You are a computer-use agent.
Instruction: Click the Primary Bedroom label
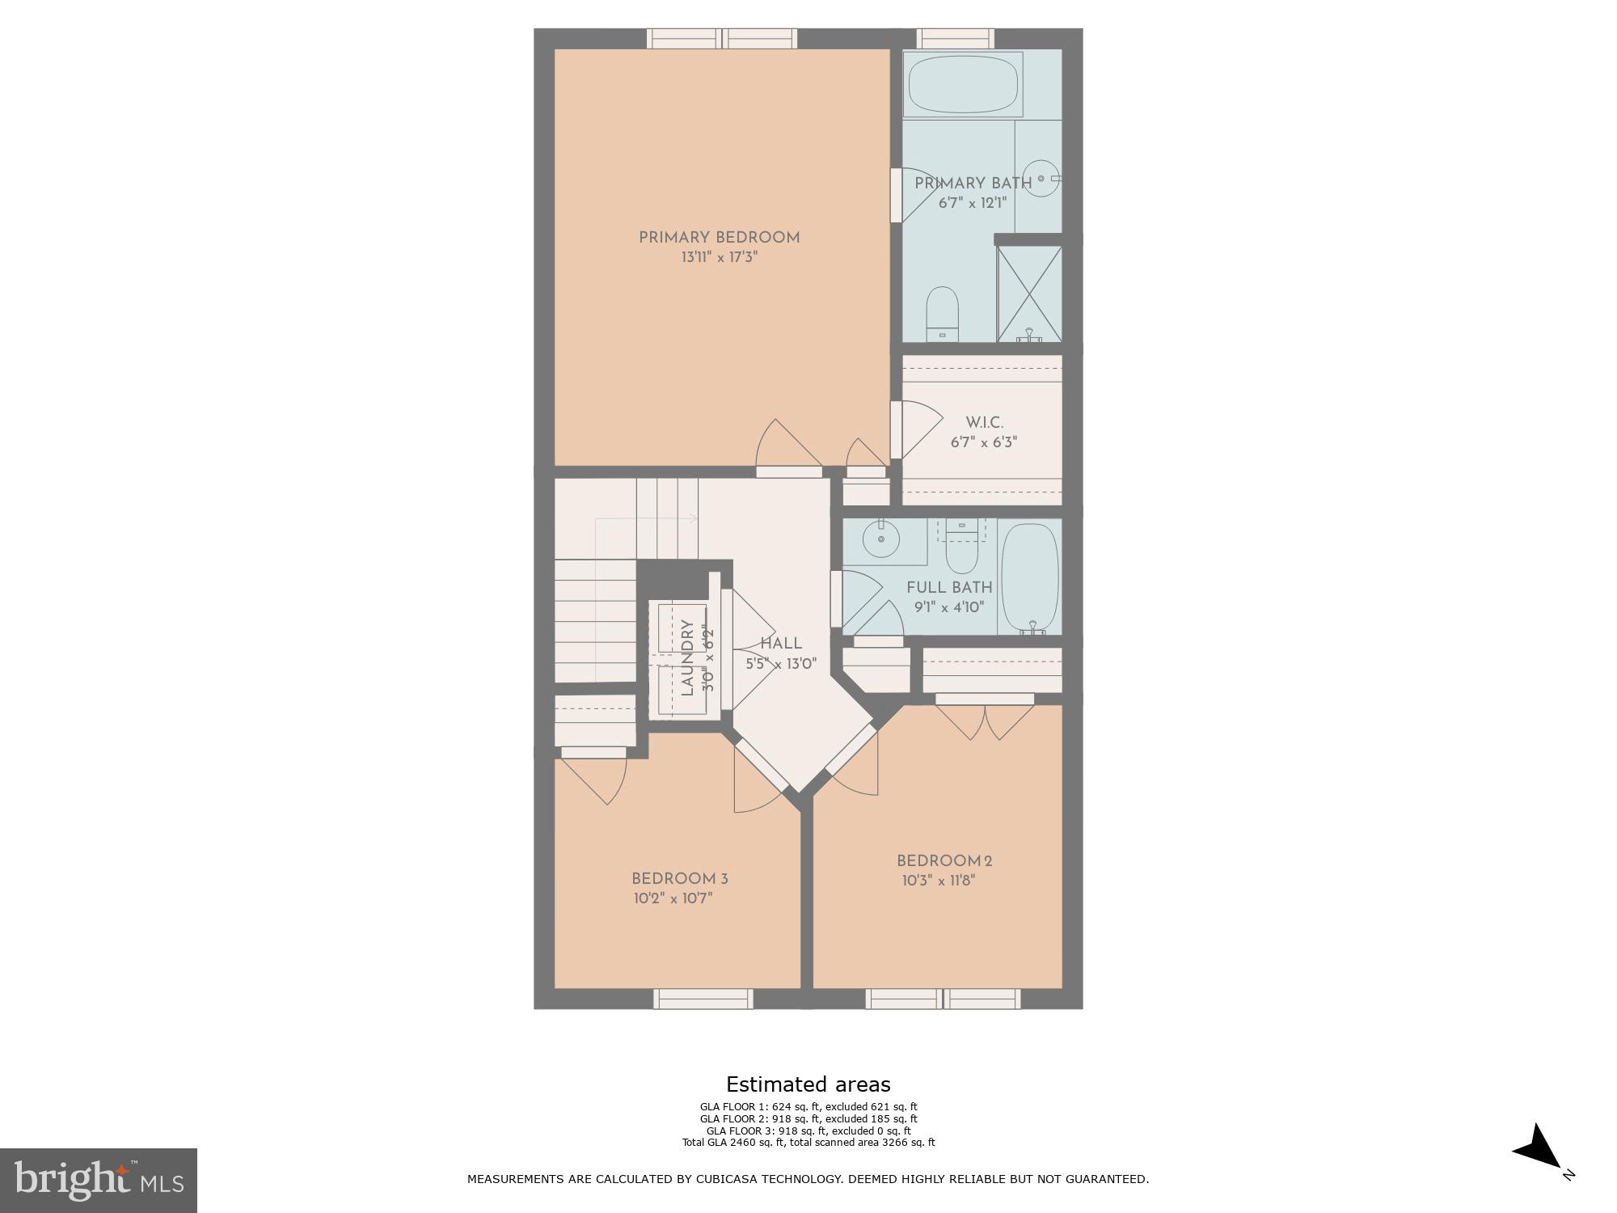tap(719, 238)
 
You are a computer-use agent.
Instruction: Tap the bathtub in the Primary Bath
tap(962, 84)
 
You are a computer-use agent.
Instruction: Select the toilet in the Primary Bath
tap(941, 314)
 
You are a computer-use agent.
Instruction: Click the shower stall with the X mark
tap(1028, 293)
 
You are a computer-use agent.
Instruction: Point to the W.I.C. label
tap(984, 423)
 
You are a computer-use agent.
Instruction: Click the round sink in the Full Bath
tap(881, 539)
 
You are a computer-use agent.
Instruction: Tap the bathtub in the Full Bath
tap(1029, 578)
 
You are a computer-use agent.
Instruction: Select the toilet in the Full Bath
tap(961, 547)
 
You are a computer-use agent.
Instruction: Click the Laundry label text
tap(687, 657)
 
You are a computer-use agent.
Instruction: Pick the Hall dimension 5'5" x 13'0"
tap(781, 664)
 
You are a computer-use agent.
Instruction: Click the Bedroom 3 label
tap(679, 879)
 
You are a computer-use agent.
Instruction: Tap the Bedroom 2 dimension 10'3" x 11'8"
tap(939, 881)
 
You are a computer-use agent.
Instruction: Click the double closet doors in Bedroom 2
tap(985, 720)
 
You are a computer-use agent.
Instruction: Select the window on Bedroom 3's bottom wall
tap(703, 1000)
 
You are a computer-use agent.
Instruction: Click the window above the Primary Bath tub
tap(955, 38)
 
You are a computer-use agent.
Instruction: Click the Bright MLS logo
tap(98, 1180)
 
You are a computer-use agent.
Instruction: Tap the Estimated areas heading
tap(808, 1084)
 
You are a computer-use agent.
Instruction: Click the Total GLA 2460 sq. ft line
tap(808, 1143)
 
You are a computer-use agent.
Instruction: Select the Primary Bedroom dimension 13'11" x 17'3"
tap(719, 258)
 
